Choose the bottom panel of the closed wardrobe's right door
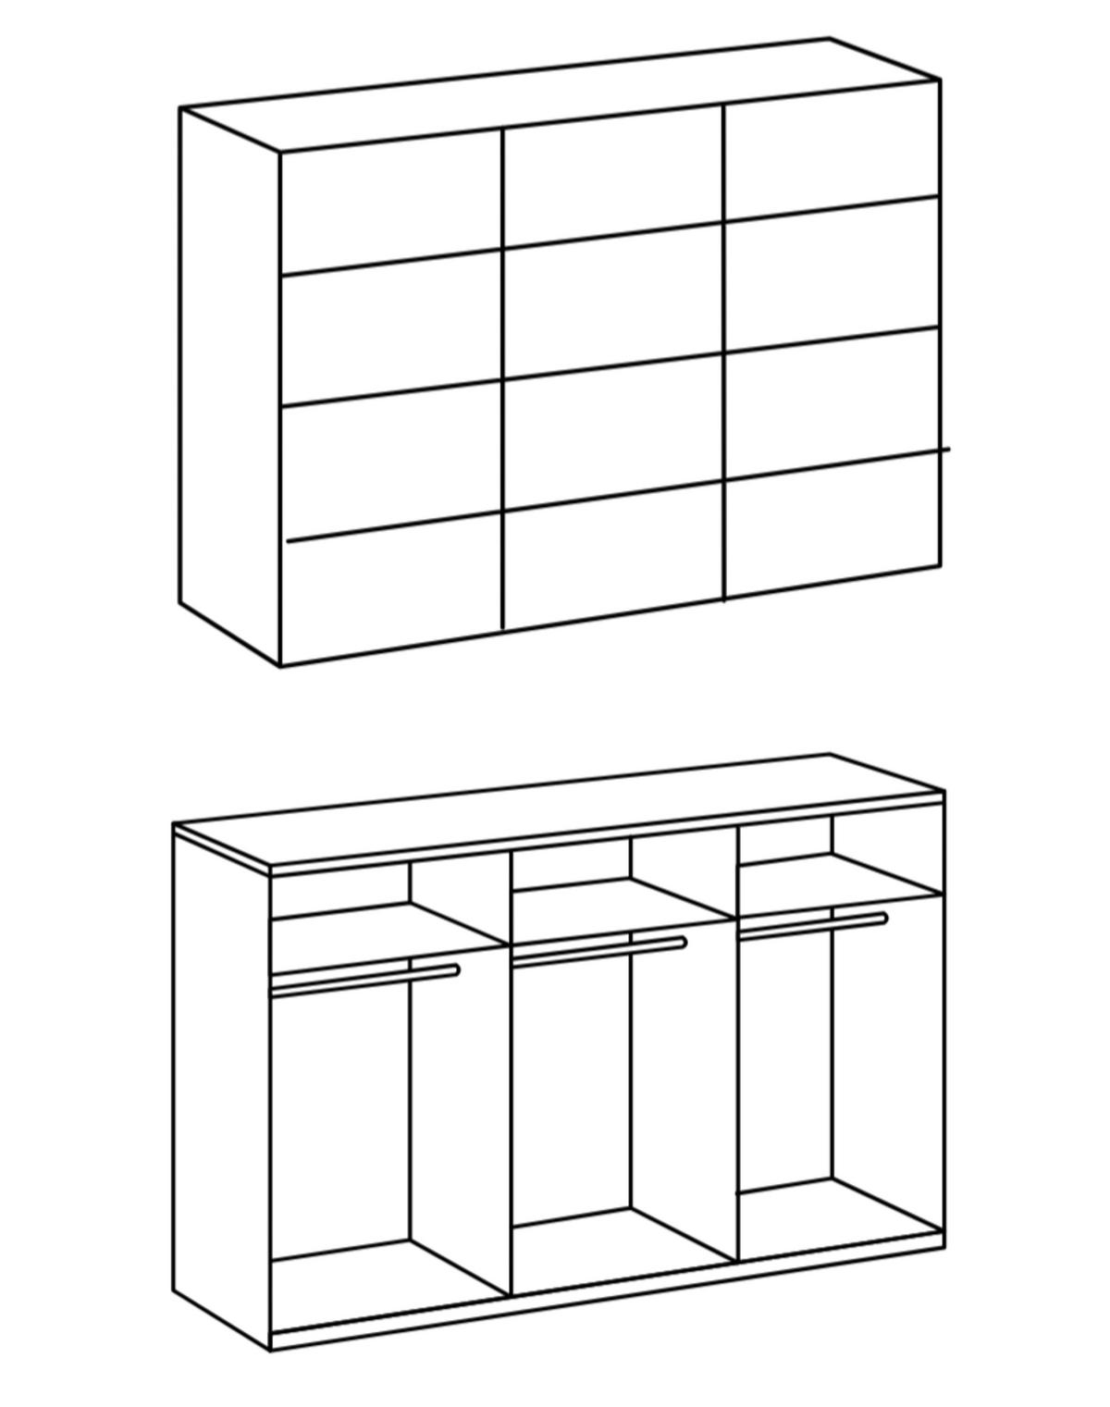coord(832,527)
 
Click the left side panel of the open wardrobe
coord(221,1082)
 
